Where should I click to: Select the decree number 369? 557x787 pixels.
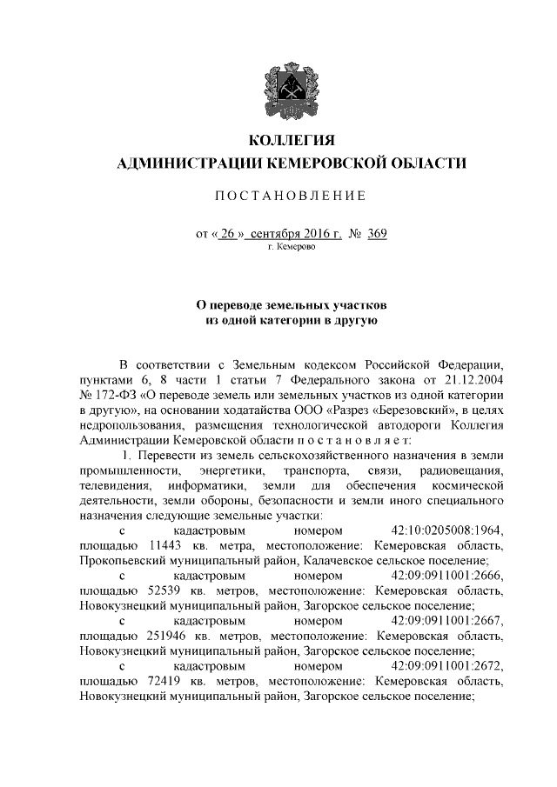pyautogui.click(x=377, y=233)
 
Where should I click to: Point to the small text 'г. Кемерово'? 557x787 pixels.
pyautogui.click(x=292, y=247)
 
